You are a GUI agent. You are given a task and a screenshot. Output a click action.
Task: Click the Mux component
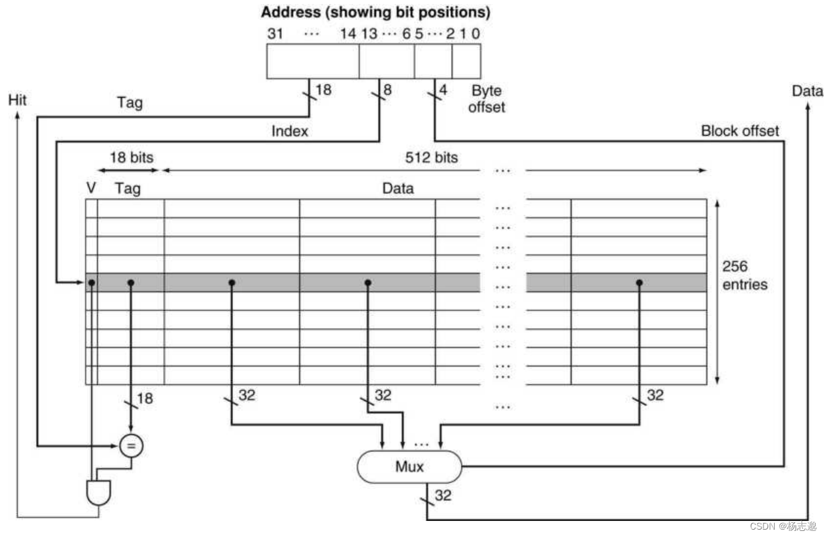pyautogui.click(x=409, y=465)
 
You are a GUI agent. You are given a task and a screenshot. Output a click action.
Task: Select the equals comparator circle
pyautogui.click(x=130, y=444)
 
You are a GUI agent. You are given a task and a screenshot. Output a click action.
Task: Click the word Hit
pyautogui.click(x=17, y=100)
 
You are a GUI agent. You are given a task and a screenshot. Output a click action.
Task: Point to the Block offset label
pyautogui.click(x=739, y=131)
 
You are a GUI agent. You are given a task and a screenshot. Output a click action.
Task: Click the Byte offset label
pyautogui.click(x=486, y=98)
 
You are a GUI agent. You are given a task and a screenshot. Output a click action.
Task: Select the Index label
pyautogui.click(x=290, y=131)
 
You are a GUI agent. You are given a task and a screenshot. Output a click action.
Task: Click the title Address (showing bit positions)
pyautogui.click(x=375, y=12)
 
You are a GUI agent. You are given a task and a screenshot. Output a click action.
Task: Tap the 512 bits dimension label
pyautogui.click(x=432, y=158)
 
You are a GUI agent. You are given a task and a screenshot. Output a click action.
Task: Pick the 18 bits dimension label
pyautogui.click(x=131, y=158)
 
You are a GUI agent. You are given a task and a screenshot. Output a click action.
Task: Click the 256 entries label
pyautogui.click(x=744, y=276)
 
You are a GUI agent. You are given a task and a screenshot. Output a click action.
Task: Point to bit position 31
pyautogui.click(x=276, y=33)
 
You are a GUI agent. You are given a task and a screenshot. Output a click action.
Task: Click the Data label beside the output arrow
pyautogui.click(x=807, y=91)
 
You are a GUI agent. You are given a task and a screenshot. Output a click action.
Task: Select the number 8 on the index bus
pyautogui.click(x=387, y=88)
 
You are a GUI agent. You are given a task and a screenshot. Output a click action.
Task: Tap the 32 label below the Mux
pyautogui.click(x=443, y=496)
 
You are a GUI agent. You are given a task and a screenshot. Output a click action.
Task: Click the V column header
pyautogui.click(x=91, y=189)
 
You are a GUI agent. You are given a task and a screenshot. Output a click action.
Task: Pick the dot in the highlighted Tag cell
pyautogui.click(x=130, y=283)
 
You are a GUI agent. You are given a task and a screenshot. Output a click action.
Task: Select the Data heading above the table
pyautogui.click(x=397, y=189)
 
